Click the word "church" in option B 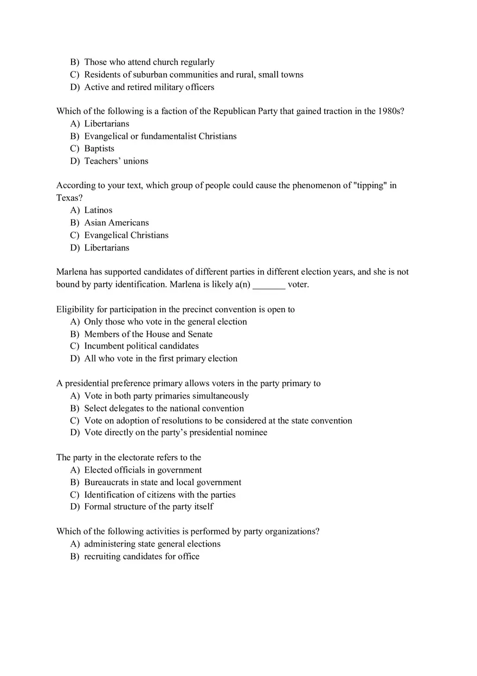(165, 62)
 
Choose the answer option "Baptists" (99, 149)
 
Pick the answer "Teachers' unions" (116, 161)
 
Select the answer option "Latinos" (98, 210)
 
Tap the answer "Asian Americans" (116, 223)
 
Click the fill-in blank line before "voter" (269, 285)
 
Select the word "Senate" (200, 334)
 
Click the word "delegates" (127, 409)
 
